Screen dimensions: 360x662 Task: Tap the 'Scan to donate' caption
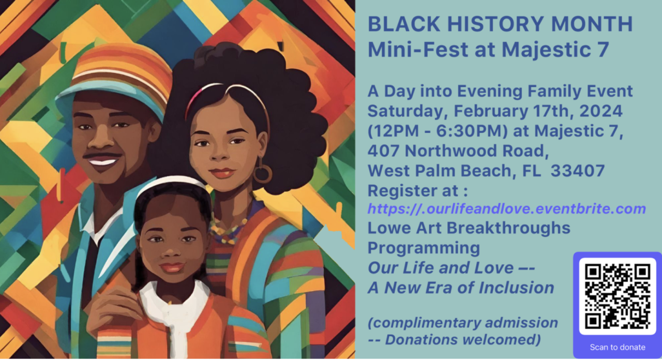click(617, 347)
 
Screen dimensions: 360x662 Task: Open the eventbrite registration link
click(506, 209)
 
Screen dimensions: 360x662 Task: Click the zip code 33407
click(578, 170)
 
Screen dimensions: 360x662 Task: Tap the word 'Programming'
click(424, 248)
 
